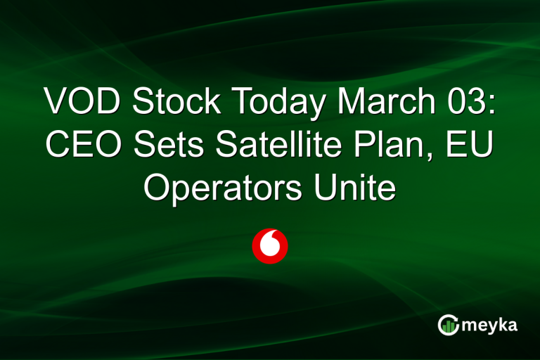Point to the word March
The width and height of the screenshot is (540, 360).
pos(383,103)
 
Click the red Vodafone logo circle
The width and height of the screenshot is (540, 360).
pos(270,246)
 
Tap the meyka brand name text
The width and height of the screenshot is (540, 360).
pos(492,326)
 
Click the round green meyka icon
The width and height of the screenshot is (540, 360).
pos(449,326)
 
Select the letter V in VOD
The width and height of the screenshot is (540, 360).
pos(56,103)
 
